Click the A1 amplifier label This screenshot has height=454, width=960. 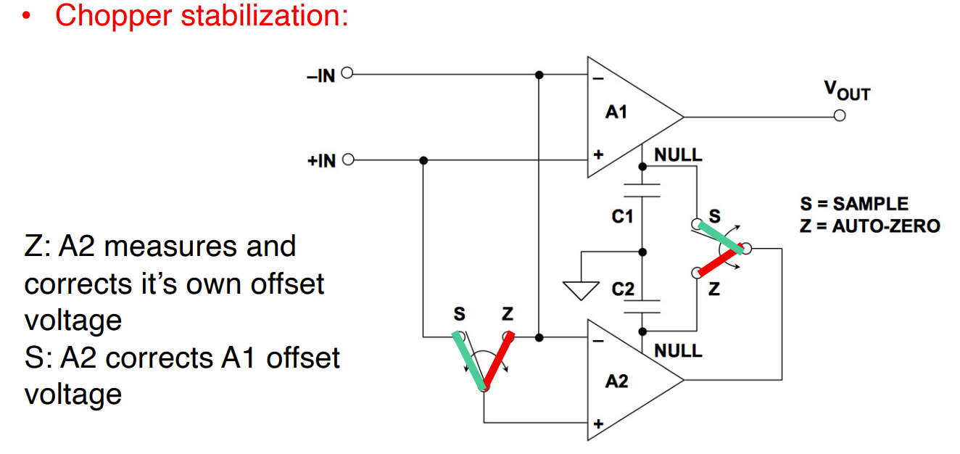click(x=616, y=112)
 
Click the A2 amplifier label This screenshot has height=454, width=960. click(x=616, y=381)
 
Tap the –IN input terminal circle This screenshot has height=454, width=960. click(x=347, y=74)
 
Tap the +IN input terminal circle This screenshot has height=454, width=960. click(x=347, y=160)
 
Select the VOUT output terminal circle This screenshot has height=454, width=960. click(x=840, y=117)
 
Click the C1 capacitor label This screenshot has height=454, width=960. click(x=622, y=216)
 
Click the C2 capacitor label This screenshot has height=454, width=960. click(x=622, y=289)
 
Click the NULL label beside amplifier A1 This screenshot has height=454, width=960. click(x=678, y=154)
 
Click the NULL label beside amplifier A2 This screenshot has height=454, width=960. click(x=678, y=351)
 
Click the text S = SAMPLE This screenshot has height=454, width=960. click(x=853, y=205)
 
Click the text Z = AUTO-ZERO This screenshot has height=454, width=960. click(x=869, y=226)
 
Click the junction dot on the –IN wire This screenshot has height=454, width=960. click(x=539, y=74)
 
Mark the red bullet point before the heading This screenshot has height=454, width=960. click(x=28, y=17)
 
